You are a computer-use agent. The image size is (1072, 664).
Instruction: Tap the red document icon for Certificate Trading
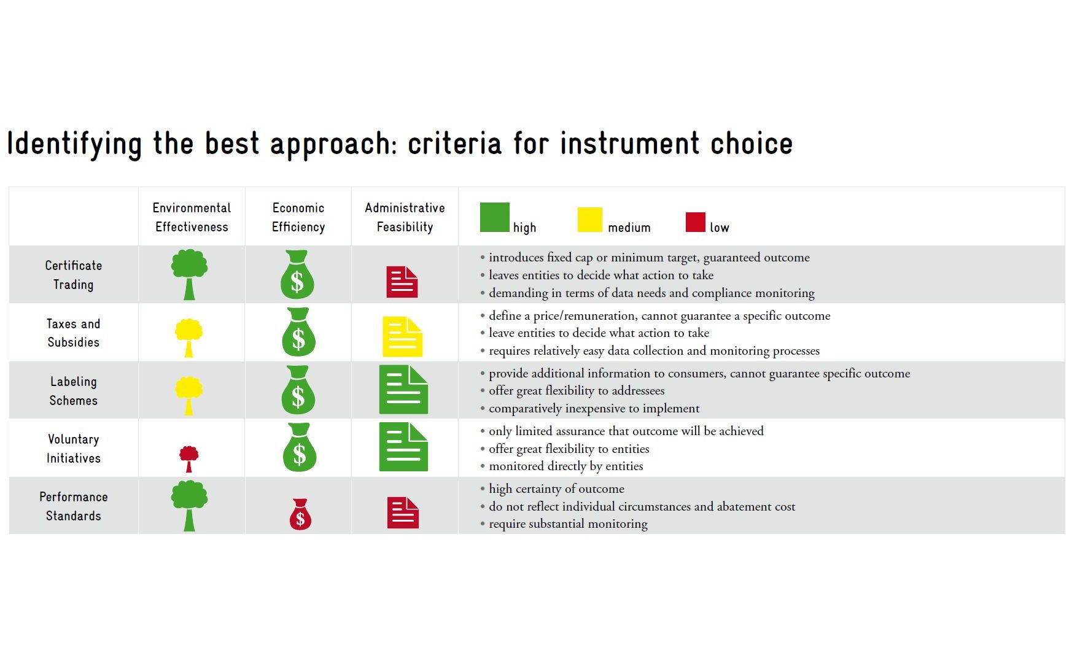402,282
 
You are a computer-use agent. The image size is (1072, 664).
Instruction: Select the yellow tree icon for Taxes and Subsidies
189,336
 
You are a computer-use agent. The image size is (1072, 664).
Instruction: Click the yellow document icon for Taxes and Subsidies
402,336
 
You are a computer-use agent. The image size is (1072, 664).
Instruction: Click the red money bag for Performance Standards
300,514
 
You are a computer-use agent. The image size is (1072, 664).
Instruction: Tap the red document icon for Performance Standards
403,512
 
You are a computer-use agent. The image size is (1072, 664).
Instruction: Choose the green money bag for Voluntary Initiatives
300,447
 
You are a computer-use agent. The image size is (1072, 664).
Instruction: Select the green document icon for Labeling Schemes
403,390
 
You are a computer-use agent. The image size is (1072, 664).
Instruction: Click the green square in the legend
494,217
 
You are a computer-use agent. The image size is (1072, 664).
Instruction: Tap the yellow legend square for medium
590,220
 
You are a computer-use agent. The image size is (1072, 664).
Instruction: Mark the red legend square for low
696,222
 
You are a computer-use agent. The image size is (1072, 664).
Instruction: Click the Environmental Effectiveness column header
192,217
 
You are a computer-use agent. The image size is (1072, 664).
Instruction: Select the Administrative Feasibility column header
405,217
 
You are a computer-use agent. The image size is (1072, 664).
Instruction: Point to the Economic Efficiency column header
298,217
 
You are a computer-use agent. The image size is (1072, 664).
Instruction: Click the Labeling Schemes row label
74,391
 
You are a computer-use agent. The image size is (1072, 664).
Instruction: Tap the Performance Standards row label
74,506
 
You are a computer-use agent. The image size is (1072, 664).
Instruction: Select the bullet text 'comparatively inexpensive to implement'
594,408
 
